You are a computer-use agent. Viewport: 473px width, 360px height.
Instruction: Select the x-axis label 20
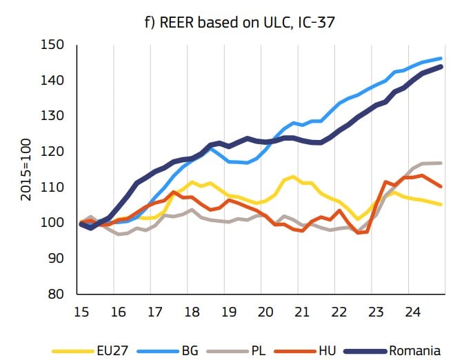click(x=265, y=312)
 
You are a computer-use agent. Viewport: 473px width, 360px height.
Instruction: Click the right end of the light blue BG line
click(x=441, y=59)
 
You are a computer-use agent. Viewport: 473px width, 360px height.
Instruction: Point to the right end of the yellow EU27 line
click(x=441, y=204)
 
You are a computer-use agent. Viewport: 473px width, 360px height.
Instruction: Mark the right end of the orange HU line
click(x=441, y=186)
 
